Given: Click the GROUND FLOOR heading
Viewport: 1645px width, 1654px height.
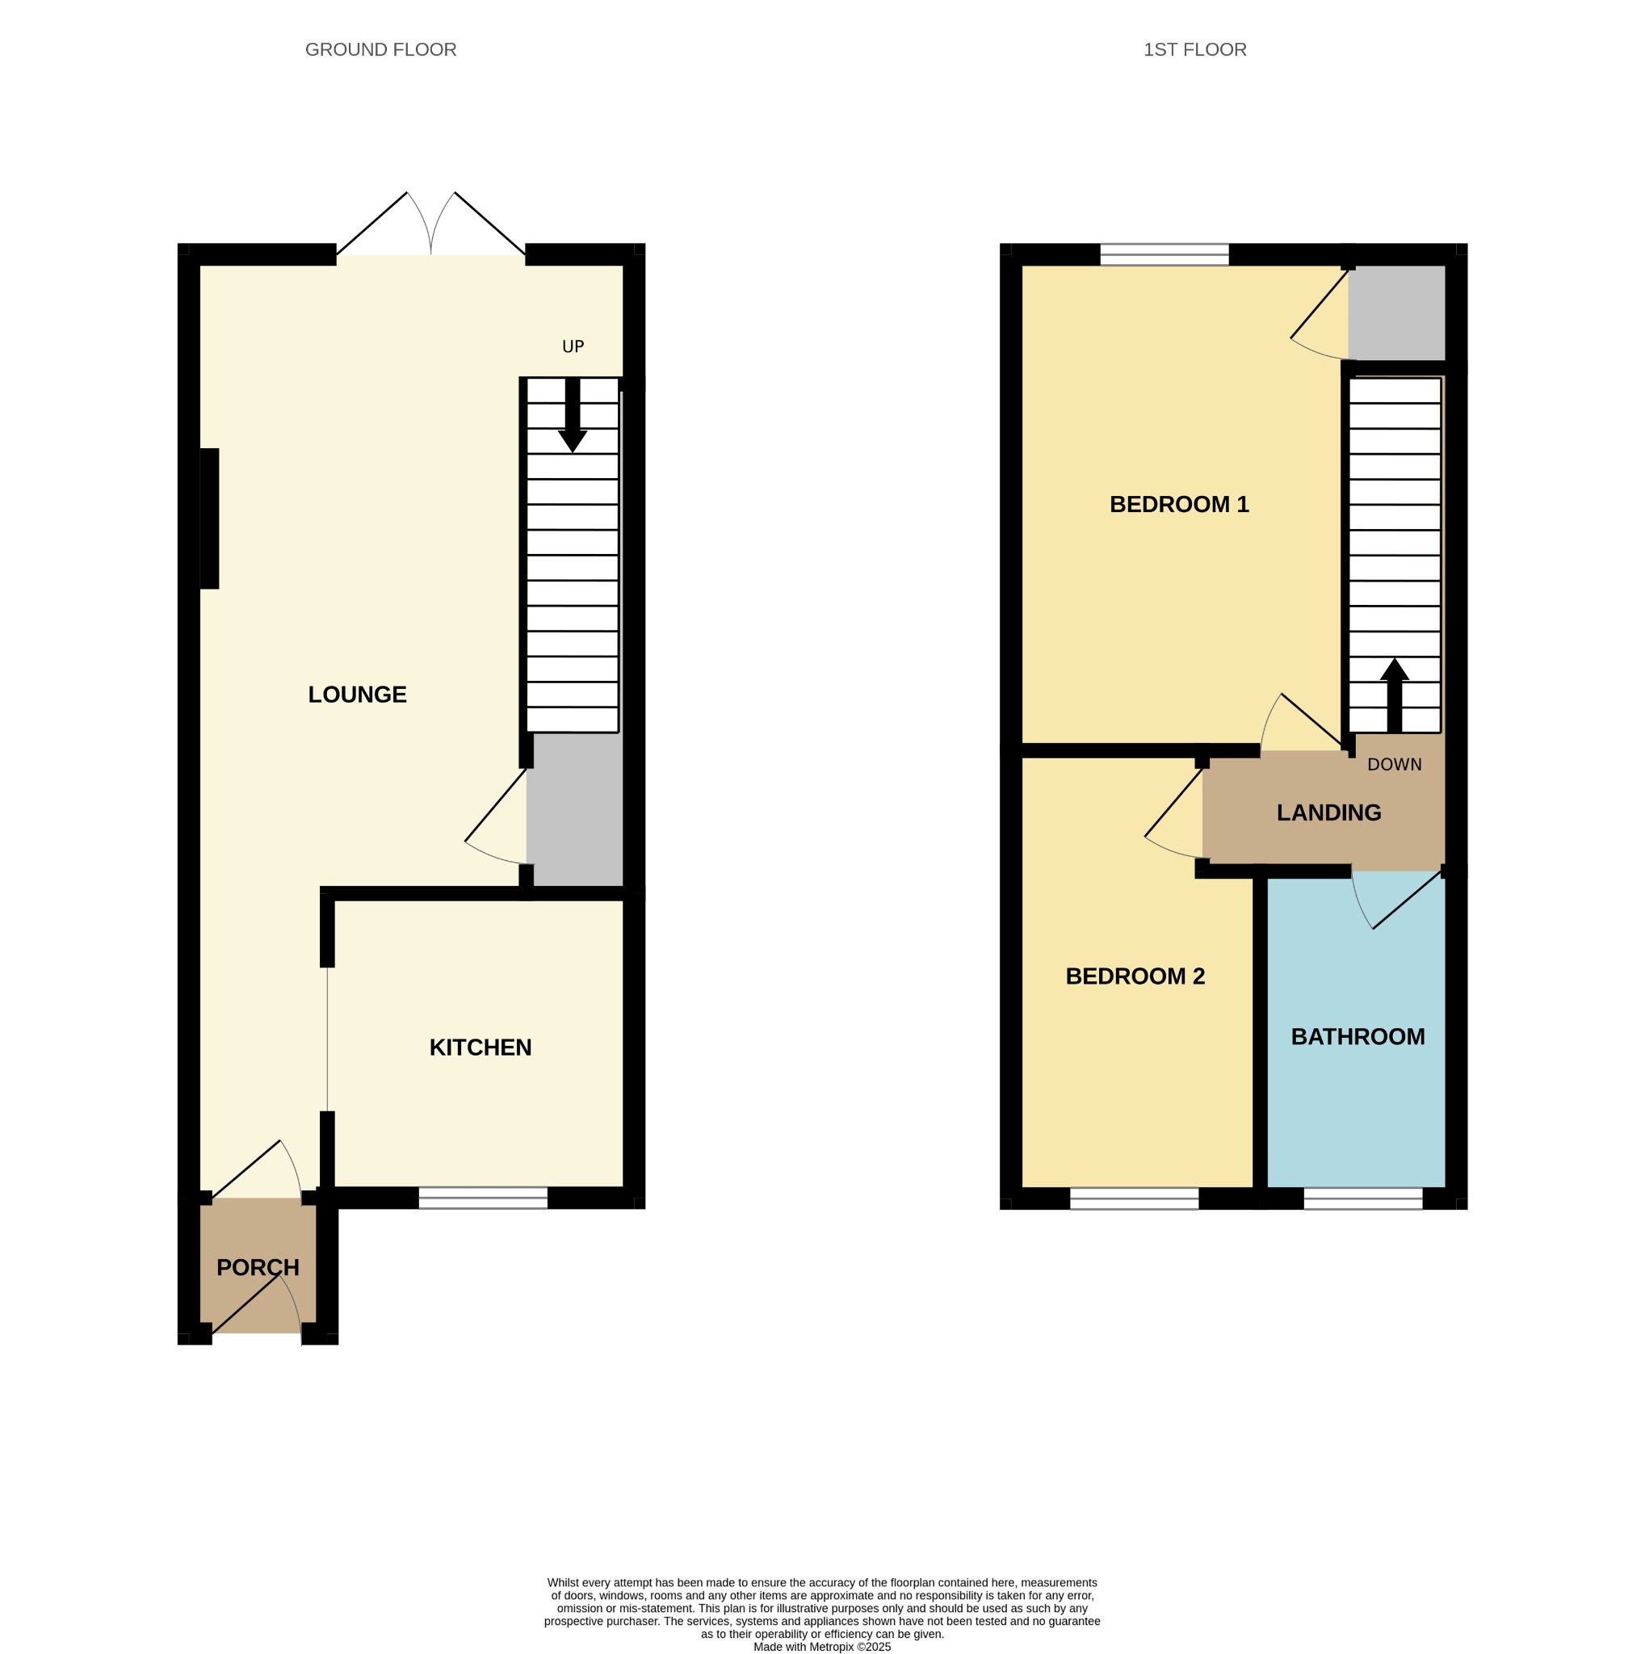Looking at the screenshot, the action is pos(381,49).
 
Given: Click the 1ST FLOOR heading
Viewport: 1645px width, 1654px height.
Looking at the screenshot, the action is pos(1195,49).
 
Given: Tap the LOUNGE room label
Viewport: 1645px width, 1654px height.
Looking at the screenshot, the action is pos(357,695).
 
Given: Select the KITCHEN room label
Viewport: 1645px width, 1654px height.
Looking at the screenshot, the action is pos(480,1047).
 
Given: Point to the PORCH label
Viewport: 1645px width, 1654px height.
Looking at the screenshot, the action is pos(258,1267).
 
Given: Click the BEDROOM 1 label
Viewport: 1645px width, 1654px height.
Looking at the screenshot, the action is pos(1179,504).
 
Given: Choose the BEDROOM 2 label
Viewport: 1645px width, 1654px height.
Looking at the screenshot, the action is pos(1135,976).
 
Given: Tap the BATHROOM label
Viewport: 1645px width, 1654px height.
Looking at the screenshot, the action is pos(1358,1037).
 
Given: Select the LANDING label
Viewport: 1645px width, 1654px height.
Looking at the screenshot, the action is pos(1329,812).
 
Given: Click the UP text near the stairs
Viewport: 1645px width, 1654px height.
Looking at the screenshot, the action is pos(573,346).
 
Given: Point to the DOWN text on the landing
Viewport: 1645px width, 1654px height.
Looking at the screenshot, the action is pos(1394,765).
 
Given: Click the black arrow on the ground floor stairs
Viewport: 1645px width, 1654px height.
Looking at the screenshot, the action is pos(573,415).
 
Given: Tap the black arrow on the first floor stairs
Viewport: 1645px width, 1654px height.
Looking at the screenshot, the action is pos(1394,695).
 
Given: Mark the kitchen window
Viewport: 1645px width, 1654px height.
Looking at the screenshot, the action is pos(483,1198).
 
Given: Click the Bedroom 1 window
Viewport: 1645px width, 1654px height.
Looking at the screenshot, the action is pos(1164,254).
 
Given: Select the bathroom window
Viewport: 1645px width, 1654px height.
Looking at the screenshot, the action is pos(1362,1198).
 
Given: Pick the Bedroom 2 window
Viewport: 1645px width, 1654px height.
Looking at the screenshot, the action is pos(1134,1198).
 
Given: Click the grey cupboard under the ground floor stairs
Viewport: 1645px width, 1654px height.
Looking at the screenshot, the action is pos(574,810).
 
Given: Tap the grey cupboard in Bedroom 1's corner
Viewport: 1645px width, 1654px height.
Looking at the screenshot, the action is pos(1397,313).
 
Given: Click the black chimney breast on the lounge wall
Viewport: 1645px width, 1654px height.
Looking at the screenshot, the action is pos(210,518).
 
